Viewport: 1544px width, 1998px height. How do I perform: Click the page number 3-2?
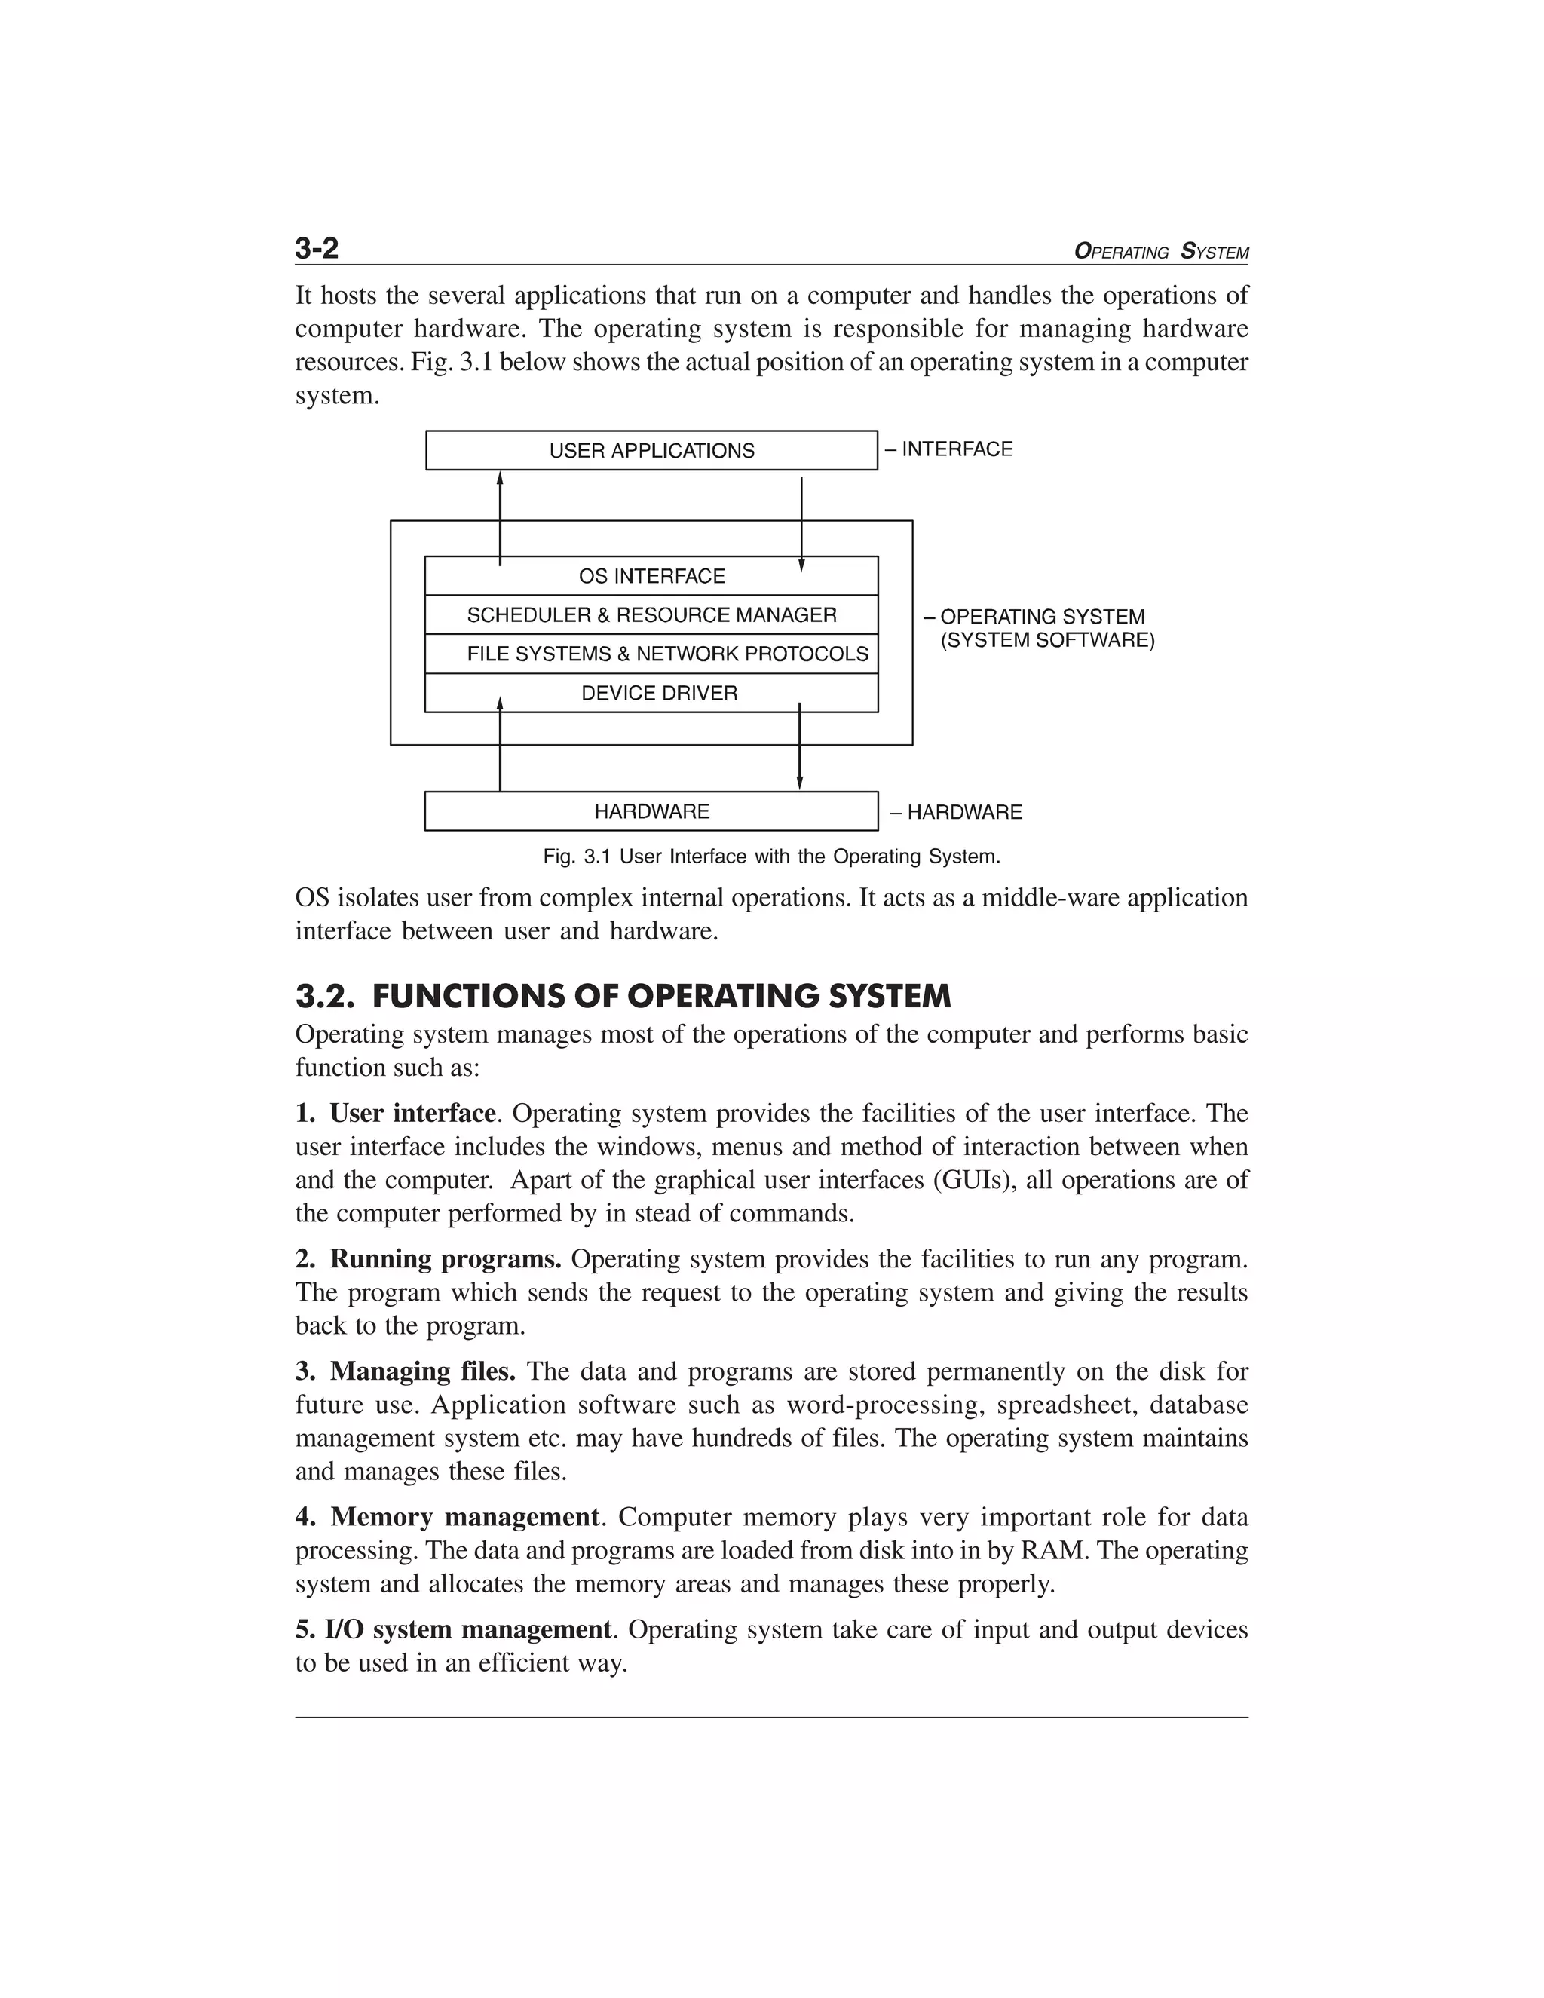[x=317, y=248]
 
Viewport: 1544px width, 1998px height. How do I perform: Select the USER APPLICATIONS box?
[x=651, y=450]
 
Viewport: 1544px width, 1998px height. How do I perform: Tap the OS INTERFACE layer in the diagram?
[x=651, y=576]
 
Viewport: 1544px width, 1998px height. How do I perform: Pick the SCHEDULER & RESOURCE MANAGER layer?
[x=651, y=614]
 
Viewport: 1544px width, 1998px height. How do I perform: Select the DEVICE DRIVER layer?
[x=659, y=694]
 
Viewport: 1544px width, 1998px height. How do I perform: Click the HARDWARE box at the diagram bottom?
[x=651, y=811]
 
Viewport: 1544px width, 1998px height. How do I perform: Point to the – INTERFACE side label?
[x=948, y=449]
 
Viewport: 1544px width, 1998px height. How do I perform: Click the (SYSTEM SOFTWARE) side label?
[x=1047, y=640]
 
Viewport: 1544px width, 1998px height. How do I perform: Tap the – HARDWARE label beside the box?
[x=956, y=812]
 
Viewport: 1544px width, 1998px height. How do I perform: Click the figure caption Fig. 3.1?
[x=771, y=857]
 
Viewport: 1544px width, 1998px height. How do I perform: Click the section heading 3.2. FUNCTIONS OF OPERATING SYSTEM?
[x=623, y=996]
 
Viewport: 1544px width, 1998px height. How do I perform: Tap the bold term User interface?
[x=412, y=1114]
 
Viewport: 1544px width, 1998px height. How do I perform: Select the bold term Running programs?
[x=445, y=1259]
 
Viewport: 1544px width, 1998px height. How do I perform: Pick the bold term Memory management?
[x=464, y=1517]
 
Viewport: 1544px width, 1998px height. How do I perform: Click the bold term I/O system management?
[x=467, y=1629]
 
